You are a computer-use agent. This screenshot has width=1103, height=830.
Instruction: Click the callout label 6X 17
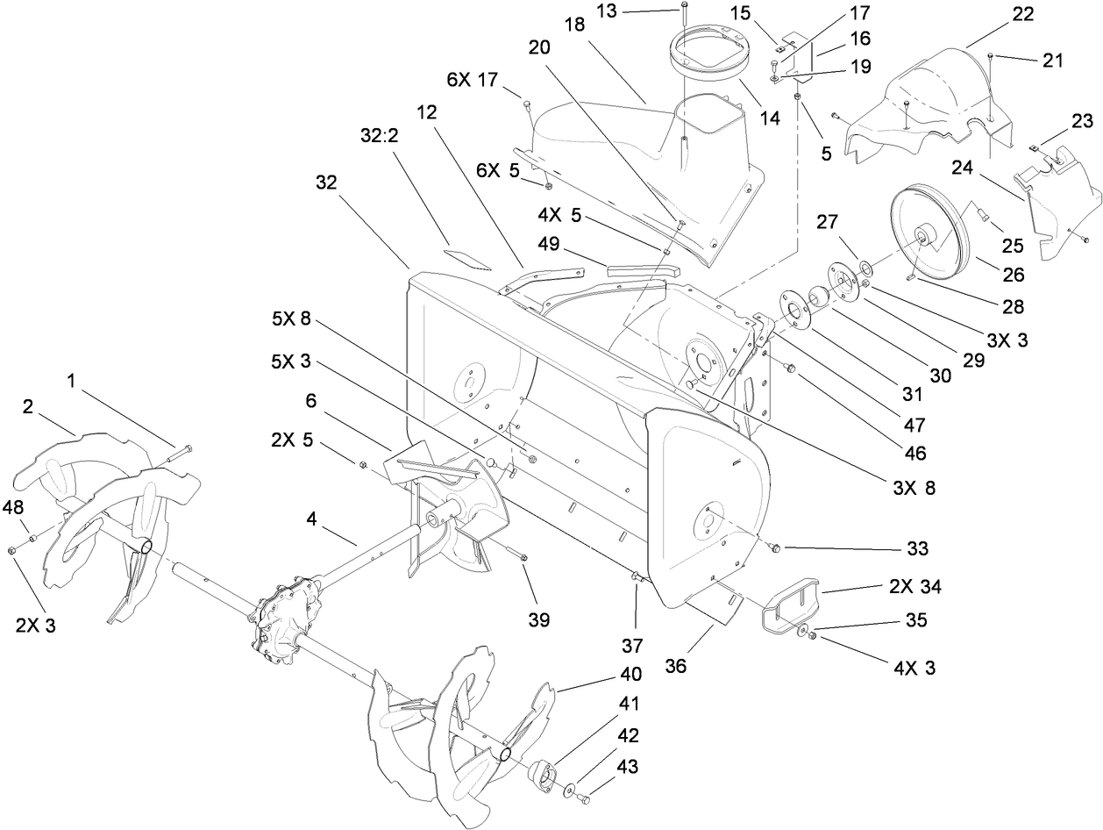(473, 79)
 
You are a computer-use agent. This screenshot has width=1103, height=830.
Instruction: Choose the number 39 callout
(538, 619)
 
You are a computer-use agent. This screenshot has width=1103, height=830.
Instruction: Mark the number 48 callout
(14, 507)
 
